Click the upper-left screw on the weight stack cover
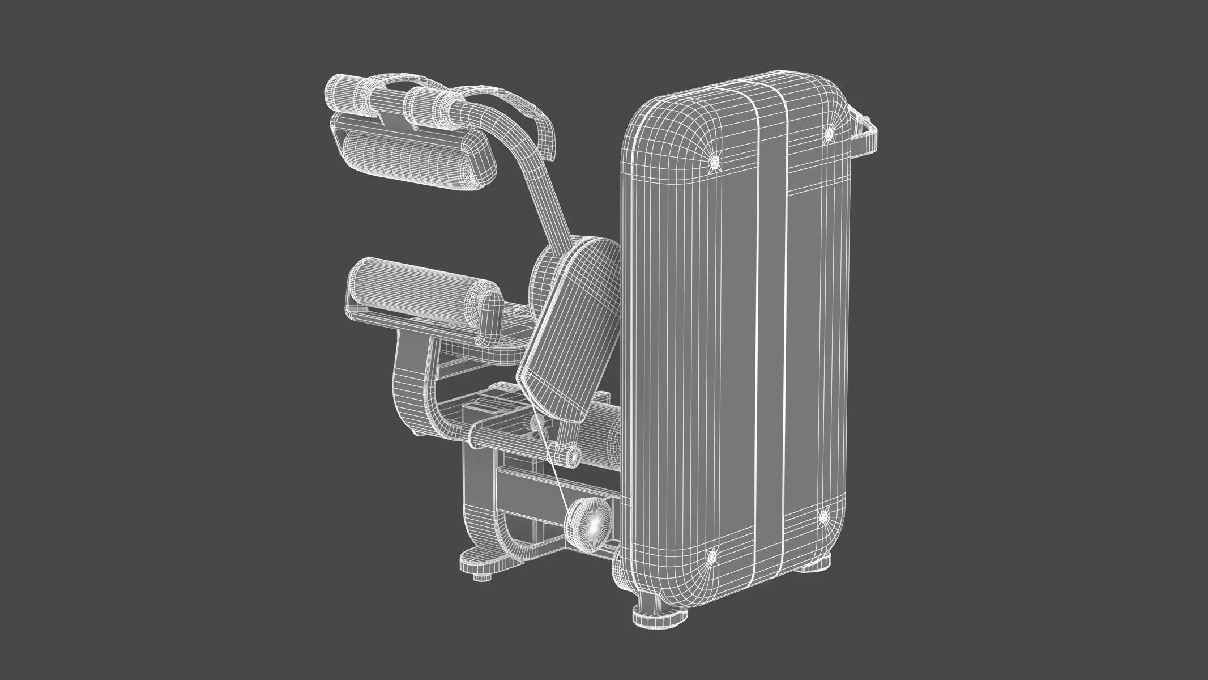pyautogui.click(x=714, y=163)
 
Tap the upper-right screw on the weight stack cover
pyautogui.click(x=828, y=134)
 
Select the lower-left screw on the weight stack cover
pyautogui.click(x=711, y=558)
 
